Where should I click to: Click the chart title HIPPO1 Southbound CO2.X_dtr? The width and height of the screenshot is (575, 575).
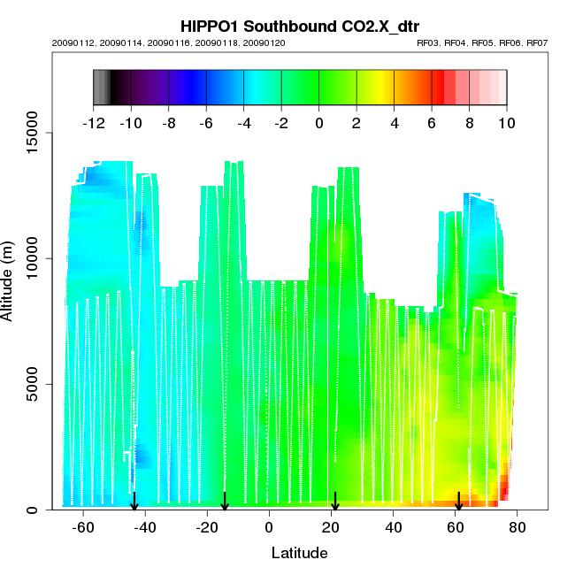pyautogui.click(x=299, y=26)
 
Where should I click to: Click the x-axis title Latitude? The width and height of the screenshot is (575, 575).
pyautogui.click(x=299, y=553)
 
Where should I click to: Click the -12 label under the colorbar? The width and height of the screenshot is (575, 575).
pyautogui.click(x=93, y=123)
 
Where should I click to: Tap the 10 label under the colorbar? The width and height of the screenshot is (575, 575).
pyautogui.click(x=507, y=123)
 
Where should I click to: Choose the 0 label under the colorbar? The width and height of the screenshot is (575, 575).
pyautogui.click(x=319, y=123)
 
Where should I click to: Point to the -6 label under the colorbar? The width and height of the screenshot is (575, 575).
pyautogui.click(x=205, y=123)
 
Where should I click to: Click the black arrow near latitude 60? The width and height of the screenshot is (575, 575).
pyautogui.click(x=458, y=502)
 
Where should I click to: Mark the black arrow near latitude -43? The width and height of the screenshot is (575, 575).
pyautogui.click(x=134, y=502)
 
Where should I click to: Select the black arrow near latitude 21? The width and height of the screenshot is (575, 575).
pyautogui.click(x=334, y=502)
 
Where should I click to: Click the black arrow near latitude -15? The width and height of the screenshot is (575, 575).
pyautogui.click(x=225, y=502)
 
